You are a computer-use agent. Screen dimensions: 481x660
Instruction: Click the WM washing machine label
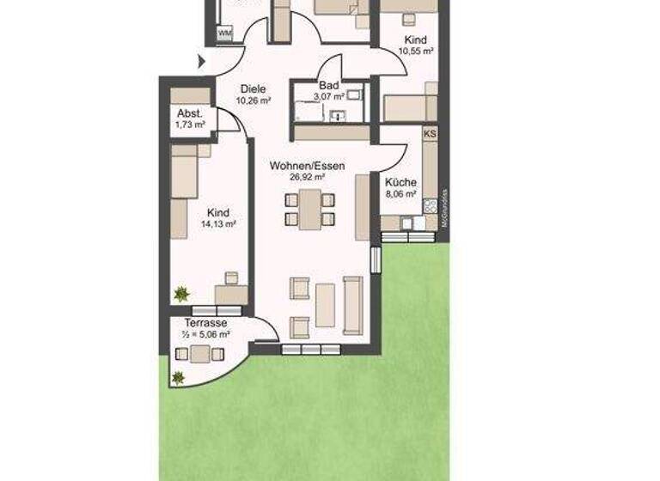coord(225,33)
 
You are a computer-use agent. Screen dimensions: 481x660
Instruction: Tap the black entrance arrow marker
coord(202,62)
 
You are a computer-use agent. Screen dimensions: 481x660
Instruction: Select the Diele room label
coord(254,88)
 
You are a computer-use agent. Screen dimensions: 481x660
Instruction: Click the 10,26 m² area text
coord(254,100)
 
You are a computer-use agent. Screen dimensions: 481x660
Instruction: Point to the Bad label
coord(327,86)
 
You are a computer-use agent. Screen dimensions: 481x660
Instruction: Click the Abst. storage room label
coord(190,114)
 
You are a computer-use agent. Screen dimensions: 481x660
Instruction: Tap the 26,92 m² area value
coord(308,177)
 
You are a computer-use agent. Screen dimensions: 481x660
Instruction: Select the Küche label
coord(400,182)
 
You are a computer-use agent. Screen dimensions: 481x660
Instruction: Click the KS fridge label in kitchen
coord(431,134)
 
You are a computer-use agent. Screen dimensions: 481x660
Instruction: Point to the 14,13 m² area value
coord(218,223)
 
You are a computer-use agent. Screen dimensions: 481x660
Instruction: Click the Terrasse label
coord(205,323)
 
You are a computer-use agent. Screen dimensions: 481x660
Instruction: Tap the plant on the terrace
coord(178,376)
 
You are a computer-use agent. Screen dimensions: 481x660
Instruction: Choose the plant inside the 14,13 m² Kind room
coord(181,294)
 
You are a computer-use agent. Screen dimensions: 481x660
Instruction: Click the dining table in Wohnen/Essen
coord(309,209)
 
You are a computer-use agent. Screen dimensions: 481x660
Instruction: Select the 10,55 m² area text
coord(415,52)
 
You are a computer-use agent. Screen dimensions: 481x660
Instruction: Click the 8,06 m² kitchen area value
coord(400,194)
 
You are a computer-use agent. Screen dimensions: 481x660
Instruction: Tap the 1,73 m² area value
coord(190,125)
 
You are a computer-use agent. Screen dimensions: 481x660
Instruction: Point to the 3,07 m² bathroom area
coord(327,97)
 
